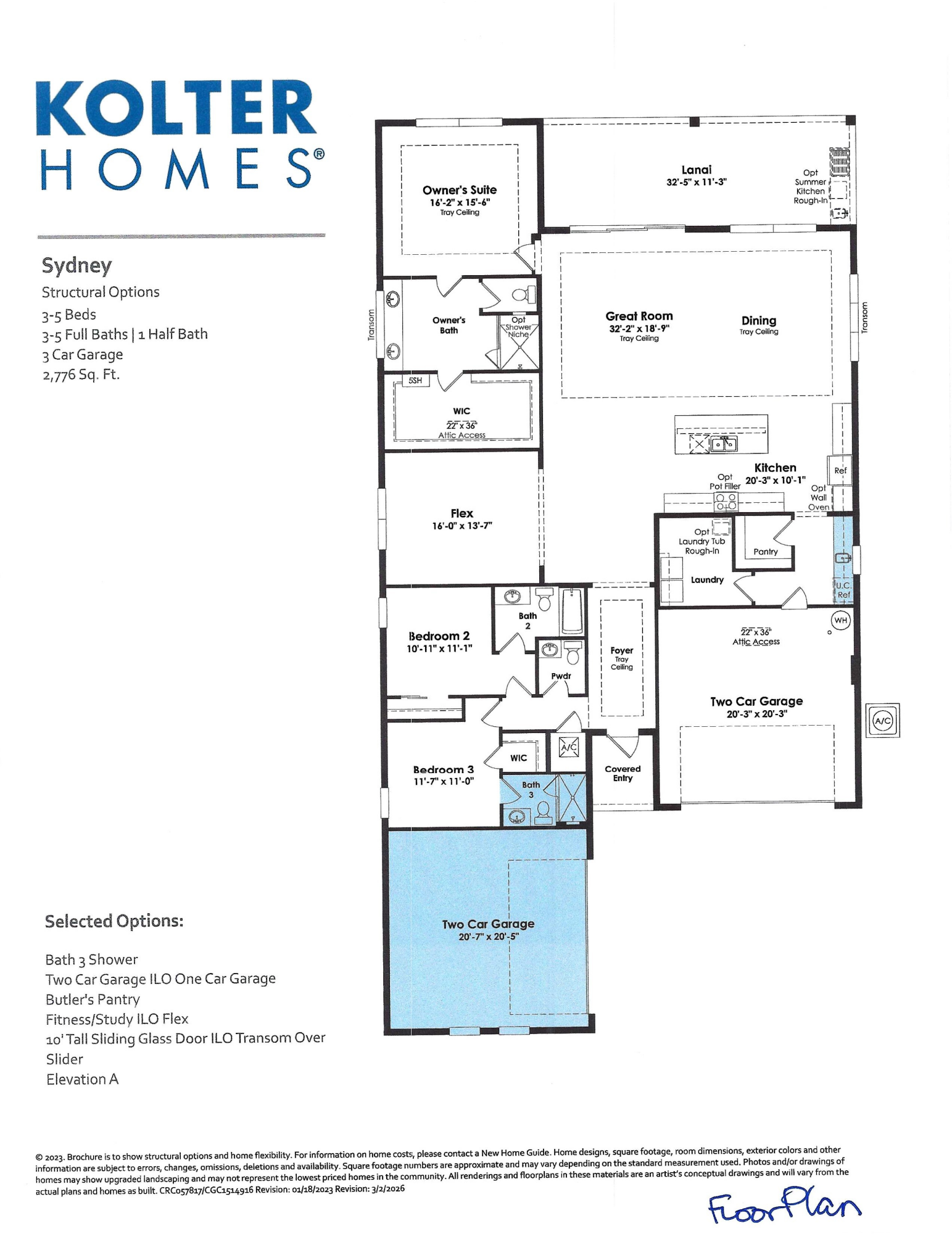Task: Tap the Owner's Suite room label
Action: [460, 190]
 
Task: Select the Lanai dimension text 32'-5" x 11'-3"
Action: [697, 182]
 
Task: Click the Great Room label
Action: [639, 316]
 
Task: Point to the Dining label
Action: [759, 320]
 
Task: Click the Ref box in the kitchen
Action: [840, 470]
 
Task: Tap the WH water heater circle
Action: [841, 619]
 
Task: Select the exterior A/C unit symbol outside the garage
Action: [883, 720]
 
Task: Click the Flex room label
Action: [462, 513]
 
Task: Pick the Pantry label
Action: [766, 552]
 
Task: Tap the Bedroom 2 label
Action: [439, 636]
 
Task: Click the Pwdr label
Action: [561, 676]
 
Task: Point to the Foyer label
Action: [622, 650]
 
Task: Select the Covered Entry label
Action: [623, 773]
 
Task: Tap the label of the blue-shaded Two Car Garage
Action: [488, 924]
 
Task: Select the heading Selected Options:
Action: [114, 921]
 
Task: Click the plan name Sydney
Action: [77, 266]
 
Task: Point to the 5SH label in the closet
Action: [415, 381]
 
